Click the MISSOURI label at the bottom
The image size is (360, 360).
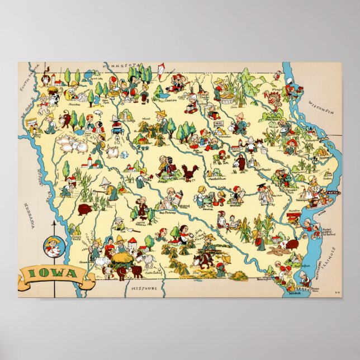click(144, 288)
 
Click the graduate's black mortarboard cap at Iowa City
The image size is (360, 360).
click(260, 187)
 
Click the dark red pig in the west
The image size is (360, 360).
click(85, 210)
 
